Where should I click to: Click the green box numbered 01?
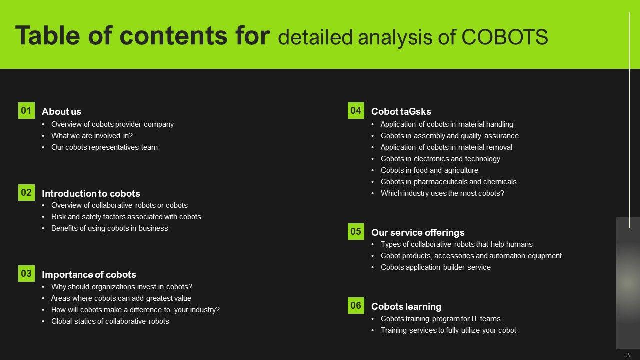26,110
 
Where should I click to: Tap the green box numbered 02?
26,192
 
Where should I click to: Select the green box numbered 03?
26,273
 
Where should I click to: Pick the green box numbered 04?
356,110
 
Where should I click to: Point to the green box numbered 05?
356,231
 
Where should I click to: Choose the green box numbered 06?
356,305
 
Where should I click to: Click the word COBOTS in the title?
505,37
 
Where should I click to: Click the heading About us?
61,111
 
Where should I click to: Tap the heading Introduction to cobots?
91,193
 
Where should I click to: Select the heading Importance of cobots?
89,275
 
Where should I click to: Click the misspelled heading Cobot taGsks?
401,111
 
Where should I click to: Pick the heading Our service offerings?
418,233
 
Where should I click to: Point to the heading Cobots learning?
406,307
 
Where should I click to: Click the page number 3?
628,355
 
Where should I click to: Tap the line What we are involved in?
92,136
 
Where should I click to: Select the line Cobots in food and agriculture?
429,170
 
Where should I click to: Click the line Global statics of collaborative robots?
110,321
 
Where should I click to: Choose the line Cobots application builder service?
435,267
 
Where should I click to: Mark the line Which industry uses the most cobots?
442,193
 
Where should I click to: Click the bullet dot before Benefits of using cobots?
43,229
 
